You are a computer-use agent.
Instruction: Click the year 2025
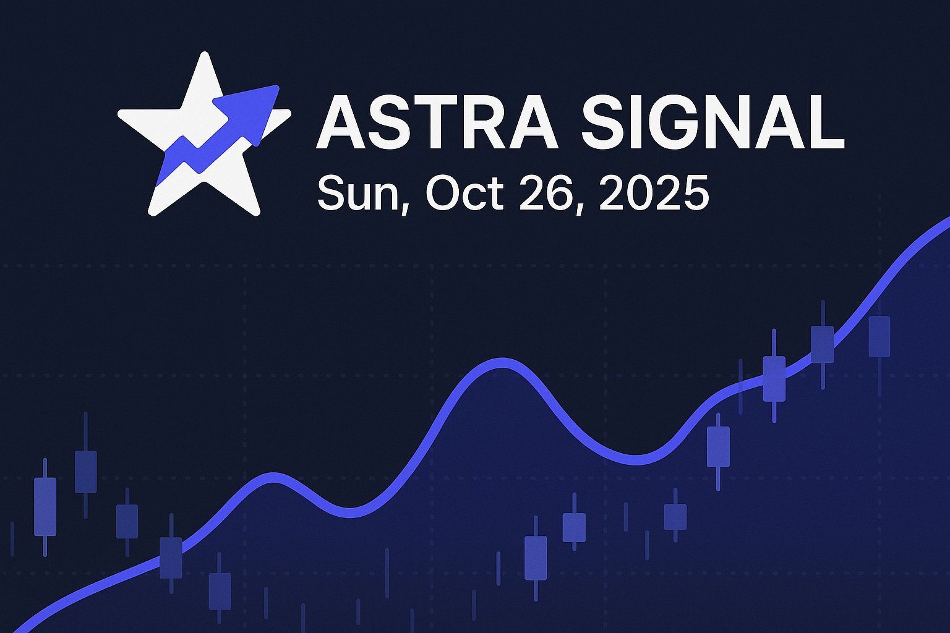pos(653,193)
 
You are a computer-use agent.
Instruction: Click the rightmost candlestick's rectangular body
pos(879,336)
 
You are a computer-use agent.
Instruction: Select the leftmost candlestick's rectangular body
pos(45,506)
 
